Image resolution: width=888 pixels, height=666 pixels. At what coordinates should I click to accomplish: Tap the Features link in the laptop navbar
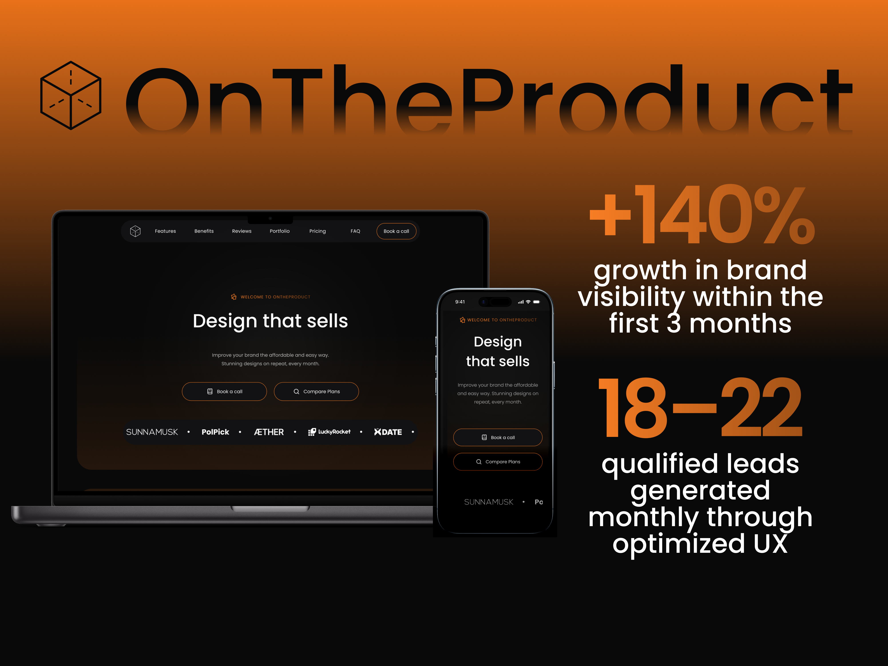pos(165,231)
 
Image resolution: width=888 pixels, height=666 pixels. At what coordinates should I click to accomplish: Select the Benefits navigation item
pos(204,231)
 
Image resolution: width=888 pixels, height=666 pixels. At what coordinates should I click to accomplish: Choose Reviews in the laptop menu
pos(242,231)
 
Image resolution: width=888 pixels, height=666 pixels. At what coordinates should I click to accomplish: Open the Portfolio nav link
pos(279,231)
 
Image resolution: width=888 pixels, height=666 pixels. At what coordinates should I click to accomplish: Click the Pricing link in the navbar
pos(317,231)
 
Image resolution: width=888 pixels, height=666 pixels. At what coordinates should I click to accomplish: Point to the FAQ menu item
pos(355,231)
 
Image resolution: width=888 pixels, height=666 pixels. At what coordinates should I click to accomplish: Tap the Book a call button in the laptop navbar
pos(396,231)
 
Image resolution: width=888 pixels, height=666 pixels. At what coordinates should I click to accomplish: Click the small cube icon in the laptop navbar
pos(135,231)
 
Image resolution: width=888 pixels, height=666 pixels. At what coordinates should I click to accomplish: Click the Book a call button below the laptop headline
pos(224,391)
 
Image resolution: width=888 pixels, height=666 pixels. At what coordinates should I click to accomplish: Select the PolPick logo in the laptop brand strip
pos(215,432)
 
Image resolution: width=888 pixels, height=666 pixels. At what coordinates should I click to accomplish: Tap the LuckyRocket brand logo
pos(329,432)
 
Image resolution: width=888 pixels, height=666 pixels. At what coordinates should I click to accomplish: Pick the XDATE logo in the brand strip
pos(388,432)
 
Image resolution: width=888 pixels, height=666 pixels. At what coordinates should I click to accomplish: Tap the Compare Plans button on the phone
pos(498,462)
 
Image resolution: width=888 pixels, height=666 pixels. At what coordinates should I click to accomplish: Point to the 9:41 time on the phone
pos(460,302)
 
